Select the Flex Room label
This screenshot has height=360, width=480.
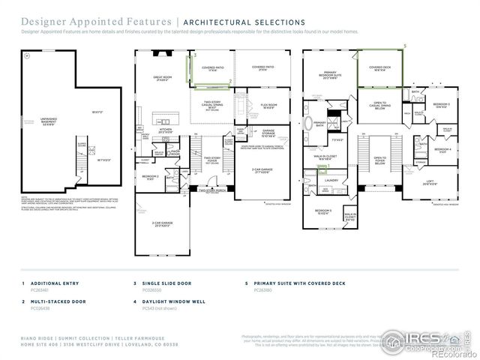point(269,106)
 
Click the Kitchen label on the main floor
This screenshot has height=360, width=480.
point(166,130)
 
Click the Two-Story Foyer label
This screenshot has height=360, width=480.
point(212,160)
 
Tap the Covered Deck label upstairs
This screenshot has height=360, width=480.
point(379,69)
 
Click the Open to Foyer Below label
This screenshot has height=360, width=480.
point(380,160)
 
